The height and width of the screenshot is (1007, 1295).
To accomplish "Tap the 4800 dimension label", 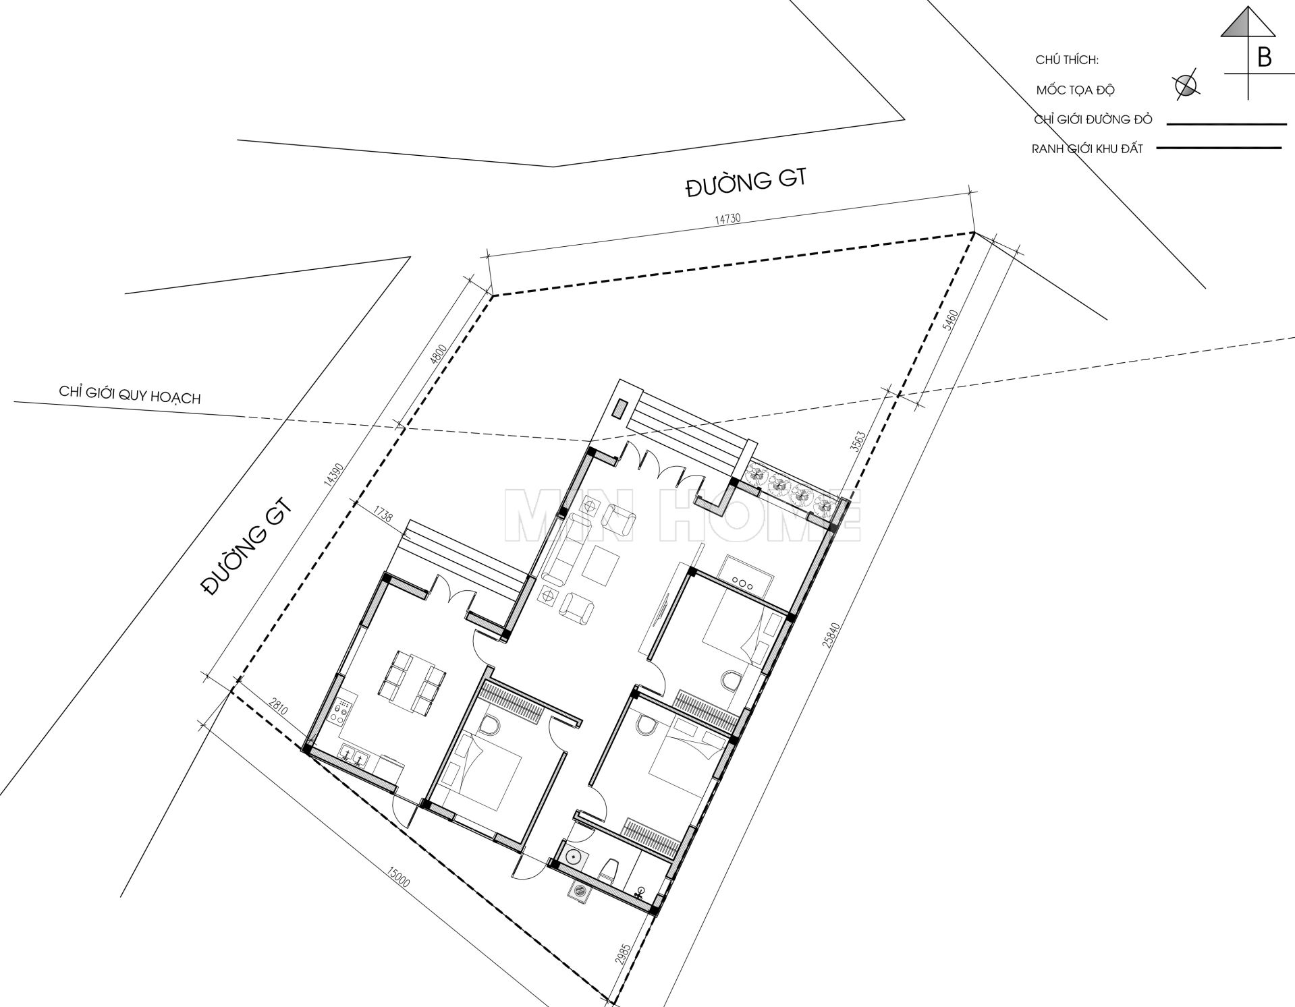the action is [439, 355].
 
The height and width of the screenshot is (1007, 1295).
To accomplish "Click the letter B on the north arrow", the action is [1265, 58].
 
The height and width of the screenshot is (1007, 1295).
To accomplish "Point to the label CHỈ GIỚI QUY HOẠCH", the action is [130, 395].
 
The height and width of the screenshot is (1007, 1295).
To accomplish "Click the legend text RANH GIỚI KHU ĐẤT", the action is [1087, 148].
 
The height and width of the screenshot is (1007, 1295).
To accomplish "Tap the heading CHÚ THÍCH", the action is [1067, 60].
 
